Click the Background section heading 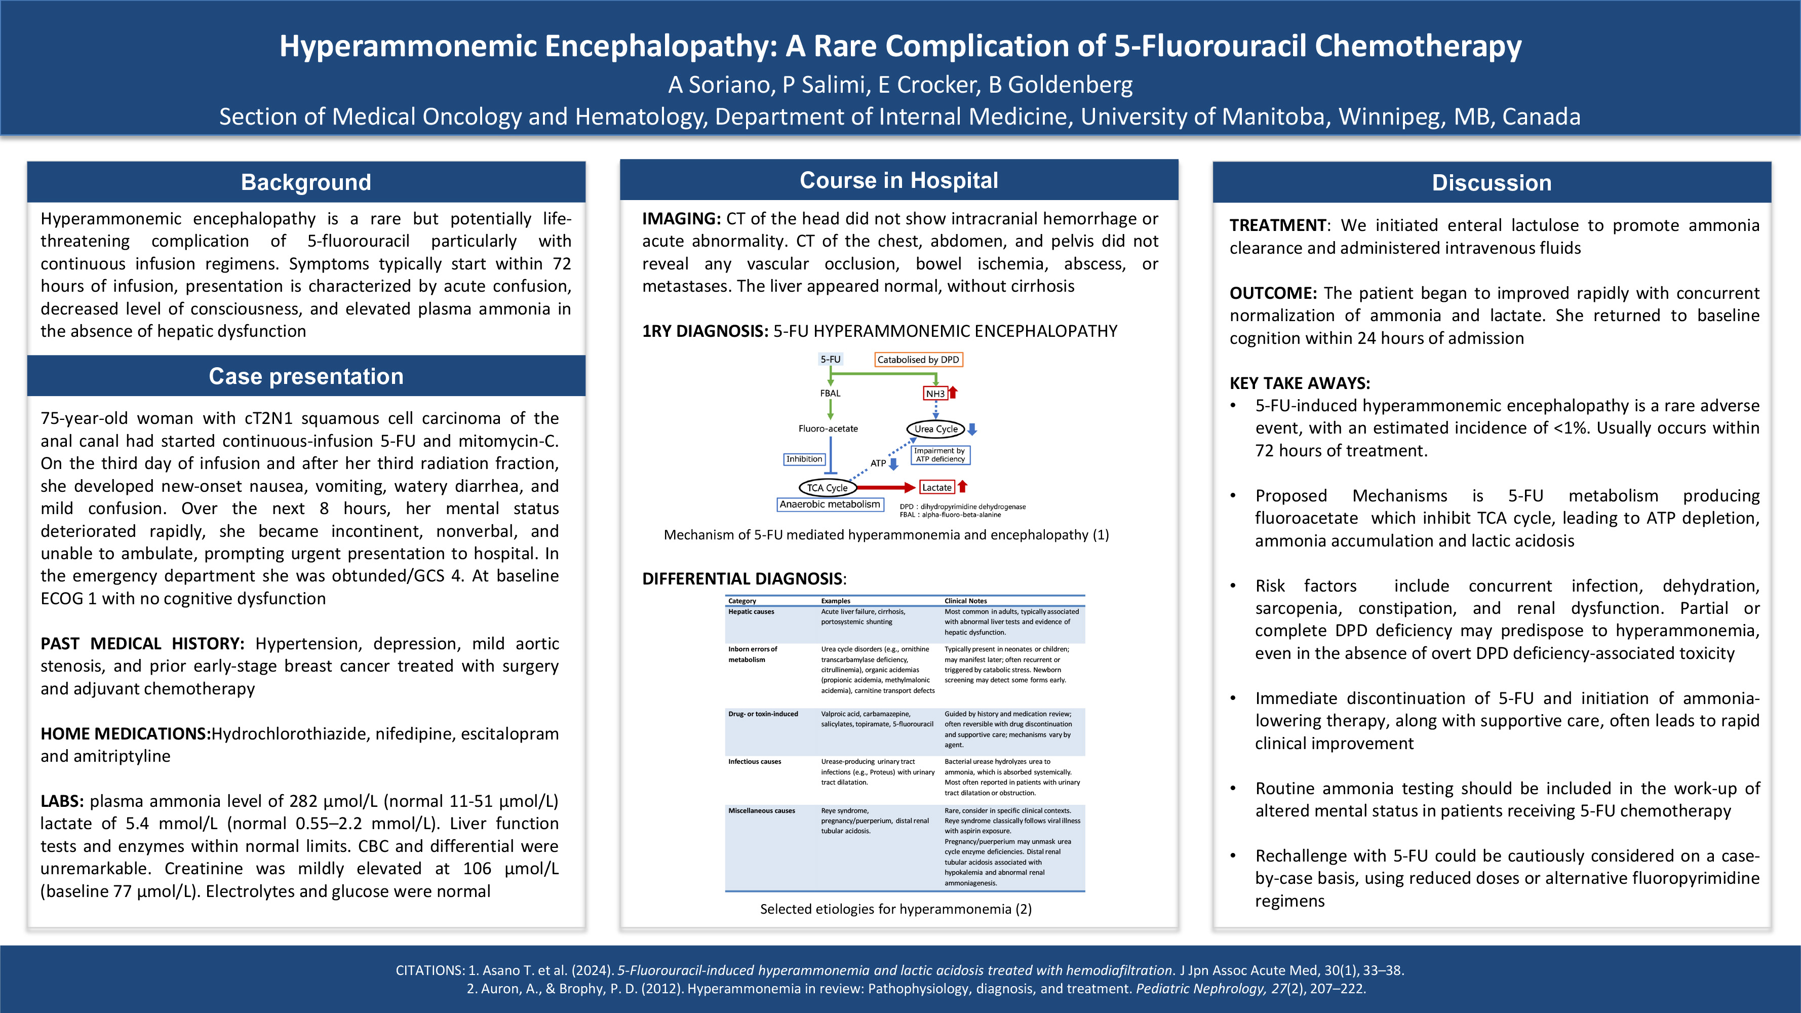(305, 182)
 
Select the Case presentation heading (305, 376)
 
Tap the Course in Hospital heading (898, 180)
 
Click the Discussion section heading (1491, 182)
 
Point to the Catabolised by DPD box (918, 359)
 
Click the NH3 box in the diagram (935, 394)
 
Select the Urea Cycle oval (935, 428)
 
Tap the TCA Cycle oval (827, 487)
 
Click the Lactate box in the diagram (936, 487)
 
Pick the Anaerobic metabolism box (830, 504)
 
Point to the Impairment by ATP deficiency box (939, 455)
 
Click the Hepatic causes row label (751, 612)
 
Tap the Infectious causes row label (754, 761)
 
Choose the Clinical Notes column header (965, 601)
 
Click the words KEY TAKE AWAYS (1300, 383)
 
